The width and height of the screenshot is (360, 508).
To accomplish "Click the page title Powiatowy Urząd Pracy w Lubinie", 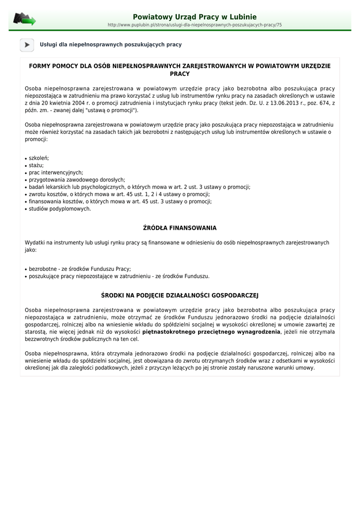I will coord(195,17).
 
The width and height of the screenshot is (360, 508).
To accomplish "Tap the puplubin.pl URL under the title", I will coord(195,25).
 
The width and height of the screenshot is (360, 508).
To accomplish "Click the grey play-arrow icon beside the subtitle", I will coord(27,45).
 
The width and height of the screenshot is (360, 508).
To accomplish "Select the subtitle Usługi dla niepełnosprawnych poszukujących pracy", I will coord(111,45).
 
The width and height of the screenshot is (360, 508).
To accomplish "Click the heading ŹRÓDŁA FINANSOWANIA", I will coord(180,228).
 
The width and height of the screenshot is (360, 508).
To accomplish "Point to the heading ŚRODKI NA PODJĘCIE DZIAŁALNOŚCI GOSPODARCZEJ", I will coord(180,295).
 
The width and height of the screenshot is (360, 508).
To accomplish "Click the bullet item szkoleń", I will coord(39,158).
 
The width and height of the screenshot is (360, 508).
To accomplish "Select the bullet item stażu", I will coord(36,165).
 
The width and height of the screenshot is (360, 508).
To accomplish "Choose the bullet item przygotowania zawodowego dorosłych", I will coord(77,180).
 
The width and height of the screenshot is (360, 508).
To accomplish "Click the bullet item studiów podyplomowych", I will coord(60,209).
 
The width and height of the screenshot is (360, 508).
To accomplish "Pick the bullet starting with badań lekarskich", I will coord(140,187).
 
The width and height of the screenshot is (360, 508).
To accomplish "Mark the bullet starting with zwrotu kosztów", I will coord(119,194).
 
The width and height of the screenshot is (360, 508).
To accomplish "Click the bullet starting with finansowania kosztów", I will coord(120,201).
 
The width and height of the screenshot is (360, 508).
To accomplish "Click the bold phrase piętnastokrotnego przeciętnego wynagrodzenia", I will coord(212,332).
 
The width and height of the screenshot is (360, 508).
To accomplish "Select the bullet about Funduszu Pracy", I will coord(80,269).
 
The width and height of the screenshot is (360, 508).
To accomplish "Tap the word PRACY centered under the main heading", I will coord(180,74).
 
